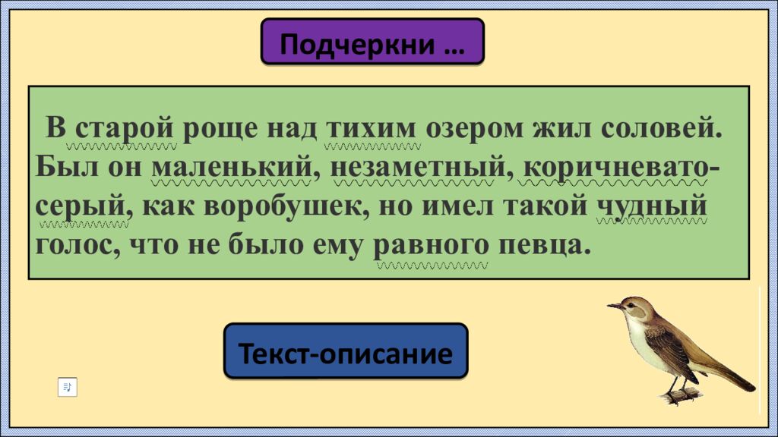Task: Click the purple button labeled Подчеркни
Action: click(372, 44)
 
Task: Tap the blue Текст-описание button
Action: click(346, 352)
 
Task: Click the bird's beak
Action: click(612, 307)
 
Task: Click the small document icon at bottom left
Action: click(68, 387)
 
